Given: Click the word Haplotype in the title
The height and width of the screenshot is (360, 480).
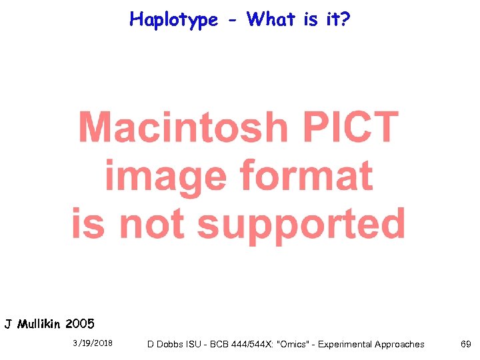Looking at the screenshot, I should tap(174, 20).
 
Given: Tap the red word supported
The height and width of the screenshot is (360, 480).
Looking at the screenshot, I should tap(301, 225).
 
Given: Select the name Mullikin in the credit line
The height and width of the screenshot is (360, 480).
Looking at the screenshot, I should tap(39, 325).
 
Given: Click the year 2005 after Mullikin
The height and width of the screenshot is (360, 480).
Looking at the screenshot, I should tap(80, 325).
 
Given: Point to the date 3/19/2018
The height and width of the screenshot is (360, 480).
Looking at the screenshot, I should tap(93, 344).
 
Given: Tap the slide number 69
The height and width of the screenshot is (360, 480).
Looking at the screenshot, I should tap(465, 344).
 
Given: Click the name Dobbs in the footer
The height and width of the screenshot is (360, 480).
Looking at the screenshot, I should tap(172, 345).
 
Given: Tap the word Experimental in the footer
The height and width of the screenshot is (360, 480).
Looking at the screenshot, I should tap(346, 345).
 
